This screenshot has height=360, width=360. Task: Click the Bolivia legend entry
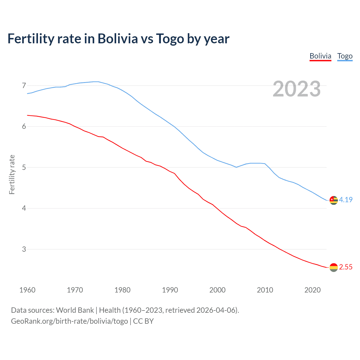pos(320,56)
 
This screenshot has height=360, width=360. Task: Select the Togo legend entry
pos(345,56)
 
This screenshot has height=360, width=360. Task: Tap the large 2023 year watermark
pos(296,89)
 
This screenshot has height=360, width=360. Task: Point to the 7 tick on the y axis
pos(24,85)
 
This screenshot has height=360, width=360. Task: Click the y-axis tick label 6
pos(24,127)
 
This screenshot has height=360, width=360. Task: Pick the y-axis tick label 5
pos(24,167)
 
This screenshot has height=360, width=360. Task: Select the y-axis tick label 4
pos(24,208)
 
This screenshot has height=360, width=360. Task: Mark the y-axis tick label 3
pos(24,249)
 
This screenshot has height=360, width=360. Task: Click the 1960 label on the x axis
pos(27,290)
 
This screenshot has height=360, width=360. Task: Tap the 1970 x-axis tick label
pos(75,290)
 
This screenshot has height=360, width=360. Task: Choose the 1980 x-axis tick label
pos(122,290)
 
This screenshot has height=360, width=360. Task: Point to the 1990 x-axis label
pos(170,290)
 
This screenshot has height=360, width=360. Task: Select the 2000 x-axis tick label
pos(217,290)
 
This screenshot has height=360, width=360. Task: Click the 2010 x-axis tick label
pos(265,290)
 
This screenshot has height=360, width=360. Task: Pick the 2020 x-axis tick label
pos(312,290)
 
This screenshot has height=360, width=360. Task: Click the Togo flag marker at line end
pos(334,200)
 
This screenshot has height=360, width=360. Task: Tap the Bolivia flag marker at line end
pos(334,267)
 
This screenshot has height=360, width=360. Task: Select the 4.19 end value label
pos(346,200)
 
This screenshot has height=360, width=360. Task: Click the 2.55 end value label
pos(346,267)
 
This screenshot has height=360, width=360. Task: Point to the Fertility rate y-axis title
pos(12,174)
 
